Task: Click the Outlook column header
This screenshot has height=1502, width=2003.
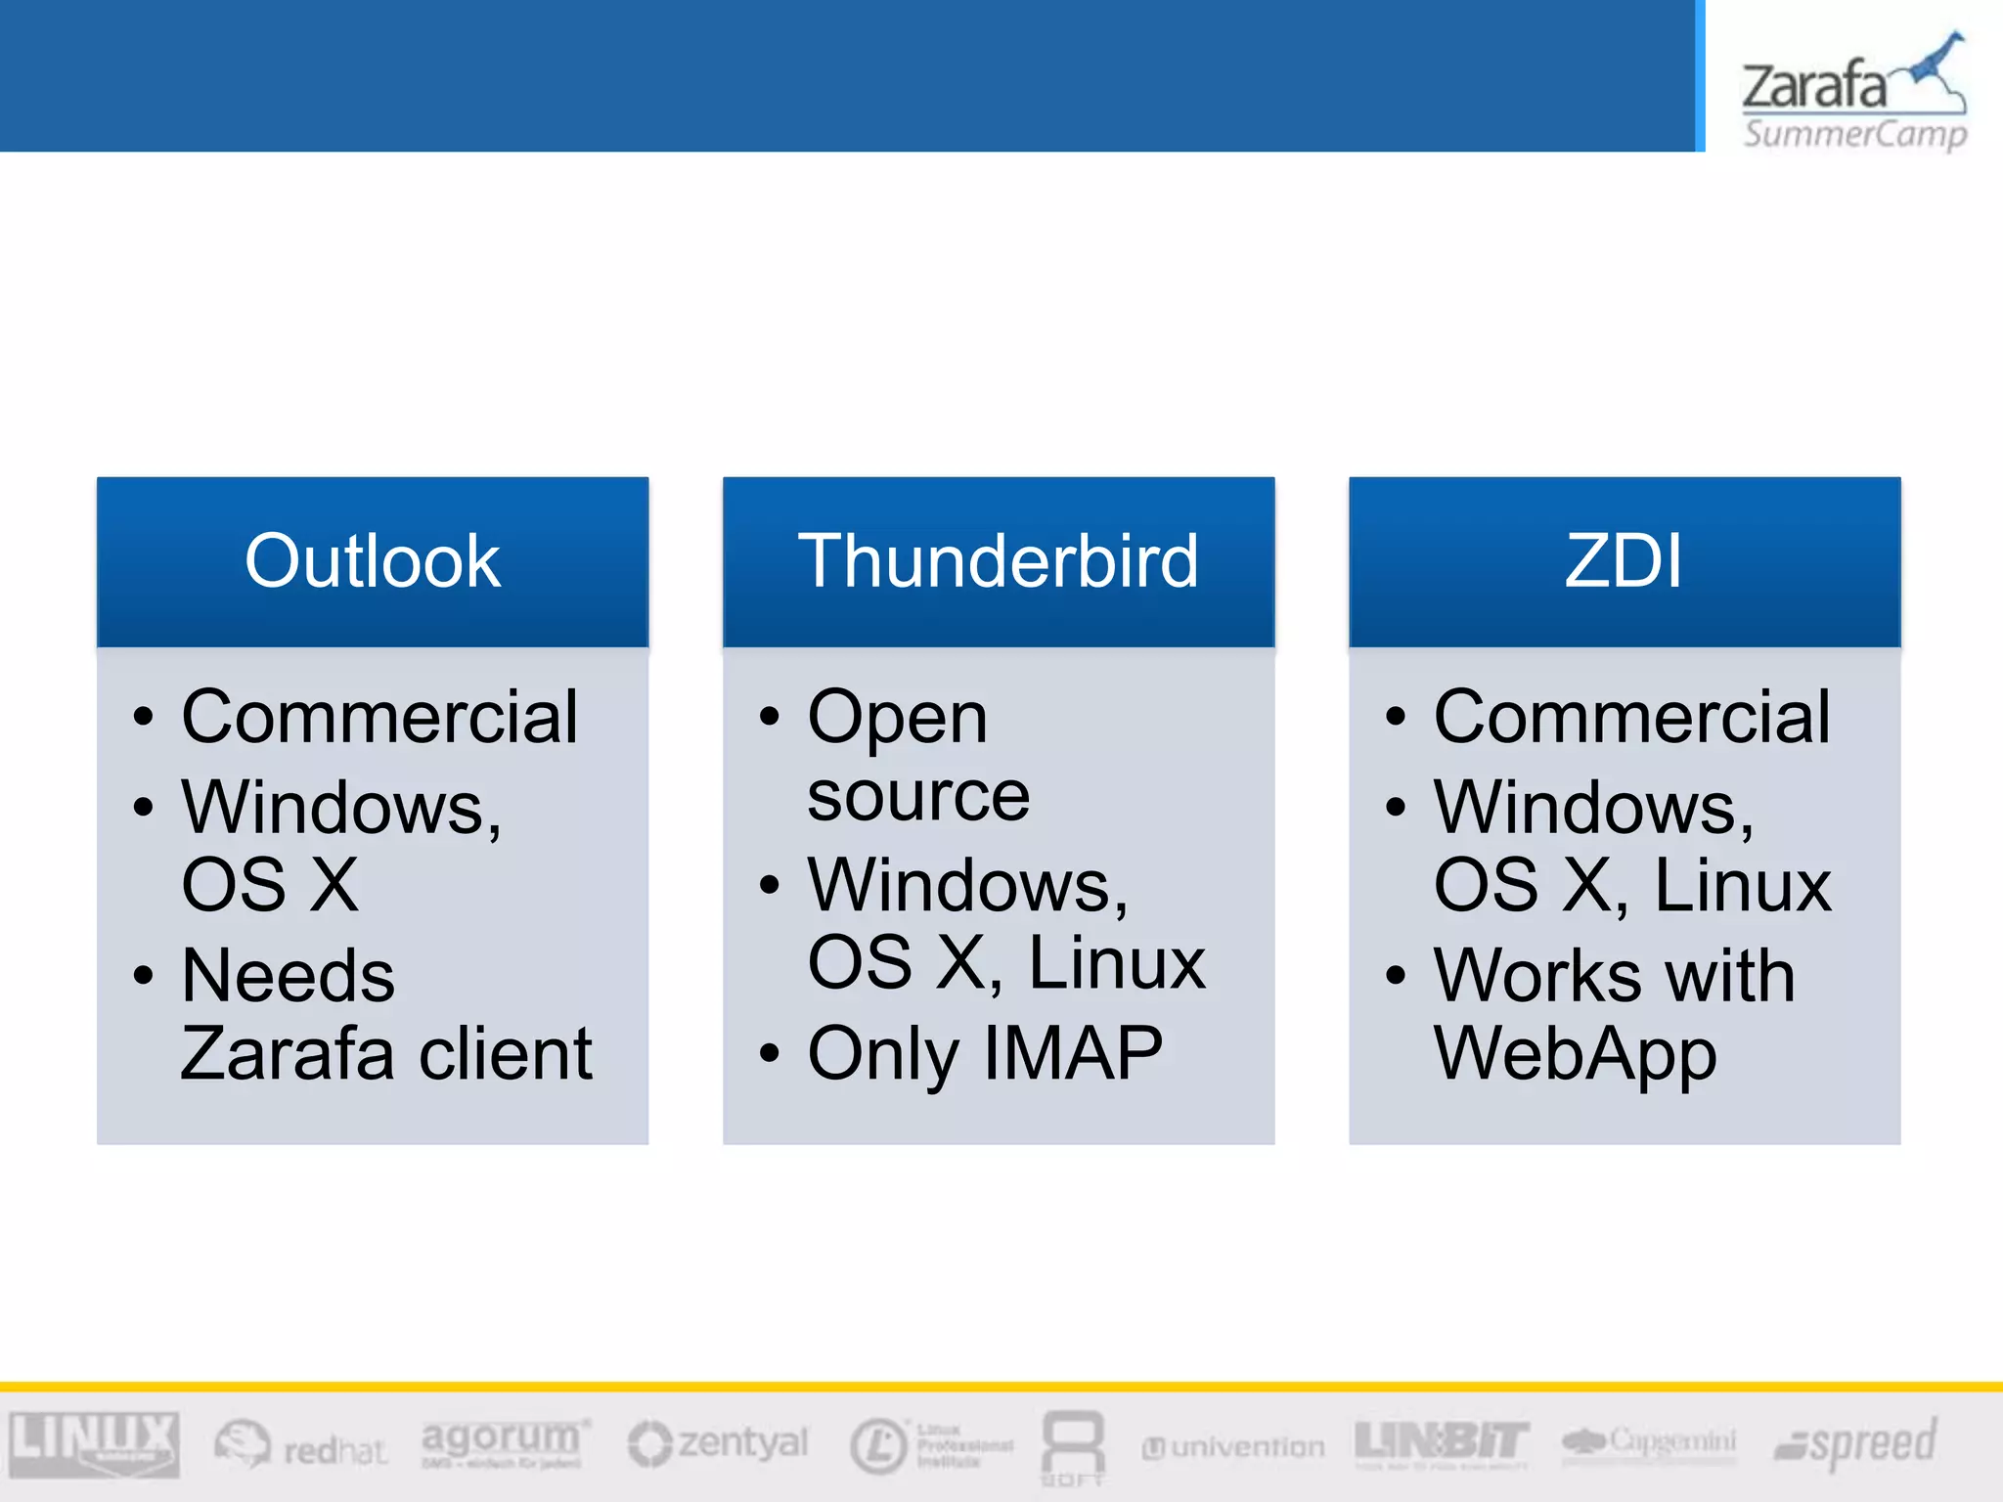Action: pos(372,561)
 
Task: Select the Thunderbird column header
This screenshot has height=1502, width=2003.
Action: pos(998,561)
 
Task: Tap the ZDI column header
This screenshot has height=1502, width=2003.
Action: pos(1624,561)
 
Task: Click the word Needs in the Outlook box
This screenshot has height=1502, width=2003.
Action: pos(289,976)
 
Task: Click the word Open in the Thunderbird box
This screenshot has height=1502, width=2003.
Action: pos(897,719)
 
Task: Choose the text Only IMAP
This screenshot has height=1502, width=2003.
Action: pos(985,1054)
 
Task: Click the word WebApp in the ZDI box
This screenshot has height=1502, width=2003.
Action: pos(1575,1056)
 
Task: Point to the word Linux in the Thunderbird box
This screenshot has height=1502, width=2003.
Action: pos(1117,963)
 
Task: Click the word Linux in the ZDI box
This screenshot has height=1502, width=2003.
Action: pos(1742,886)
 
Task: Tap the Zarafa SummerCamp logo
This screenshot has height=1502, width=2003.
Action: pos(1853,93)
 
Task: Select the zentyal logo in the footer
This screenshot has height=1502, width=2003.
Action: pos(719,1444)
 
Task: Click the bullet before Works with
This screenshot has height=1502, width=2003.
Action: pos(1396,975)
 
